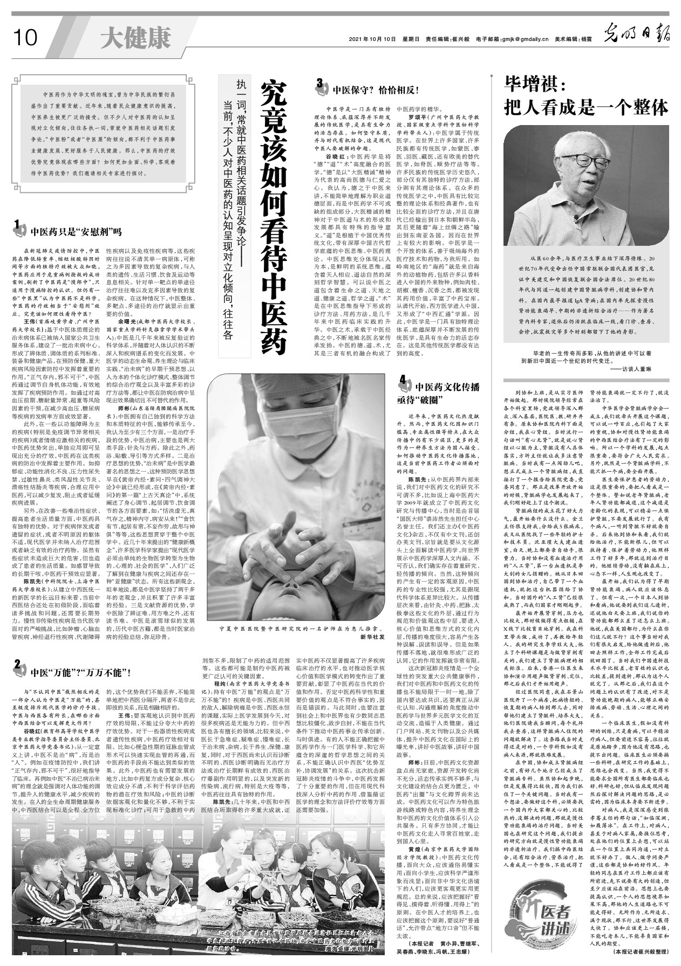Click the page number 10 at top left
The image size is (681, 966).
pos(24,38)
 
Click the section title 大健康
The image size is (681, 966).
pos(135,38)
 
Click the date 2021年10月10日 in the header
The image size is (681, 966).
pos(372,39)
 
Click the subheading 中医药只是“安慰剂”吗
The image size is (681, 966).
pos(76,233)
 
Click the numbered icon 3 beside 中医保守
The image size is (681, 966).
pos(321,84)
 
